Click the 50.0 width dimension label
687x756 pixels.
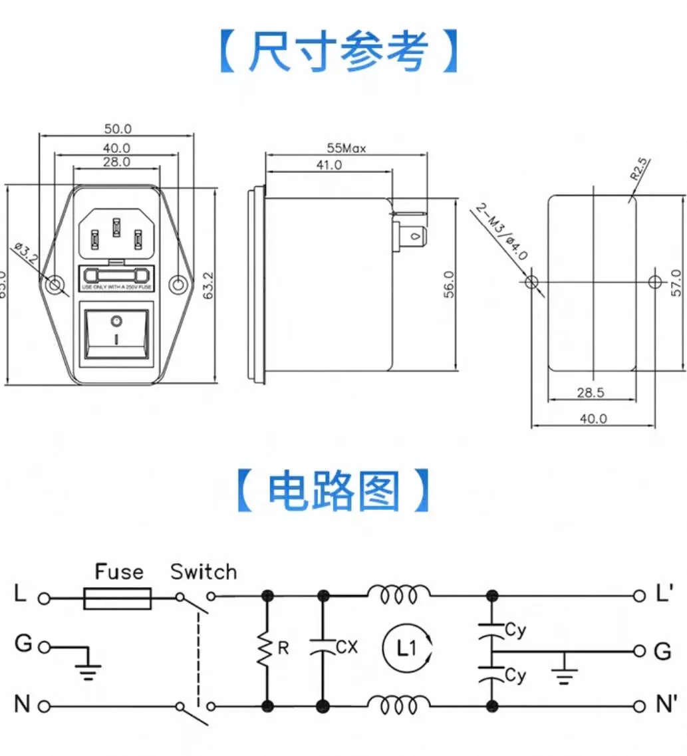(x=118, y=128)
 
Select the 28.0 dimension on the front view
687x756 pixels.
(x=116, y=162)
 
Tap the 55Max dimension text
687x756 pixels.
(x=346, y=148)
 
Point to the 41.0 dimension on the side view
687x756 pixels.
(x=329, y=166)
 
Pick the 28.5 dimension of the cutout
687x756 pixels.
(x=591, y=392)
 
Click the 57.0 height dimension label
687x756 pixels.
(x=676, y=283)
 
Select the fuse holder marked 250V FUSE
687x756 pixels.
(x=116, y=277)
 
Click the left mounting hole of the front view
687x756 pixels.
(x=55, y=285)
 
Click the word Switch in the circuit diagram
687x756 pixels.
(x=203, y=572)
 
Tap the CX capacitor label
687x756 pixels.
(x=347, y=646)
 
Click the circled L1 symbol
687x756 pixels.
(x=408, y=647)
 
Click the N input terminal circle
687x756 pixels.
(x=44, y=706)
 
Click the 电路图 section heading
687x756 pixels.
(x=334, y=492)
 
